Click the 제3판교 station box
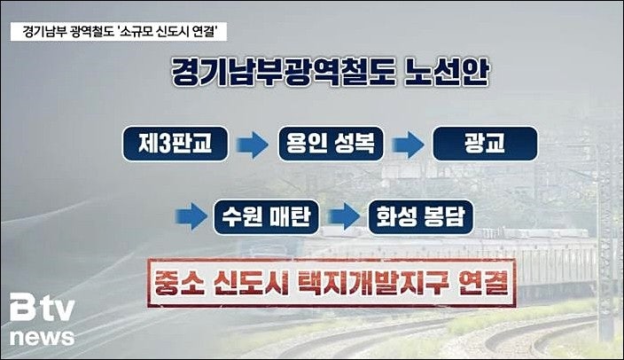point(175,143)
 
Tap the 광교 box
point(485,143)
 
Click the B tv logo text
point(42,311)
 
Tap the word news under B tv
point(43,338)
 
